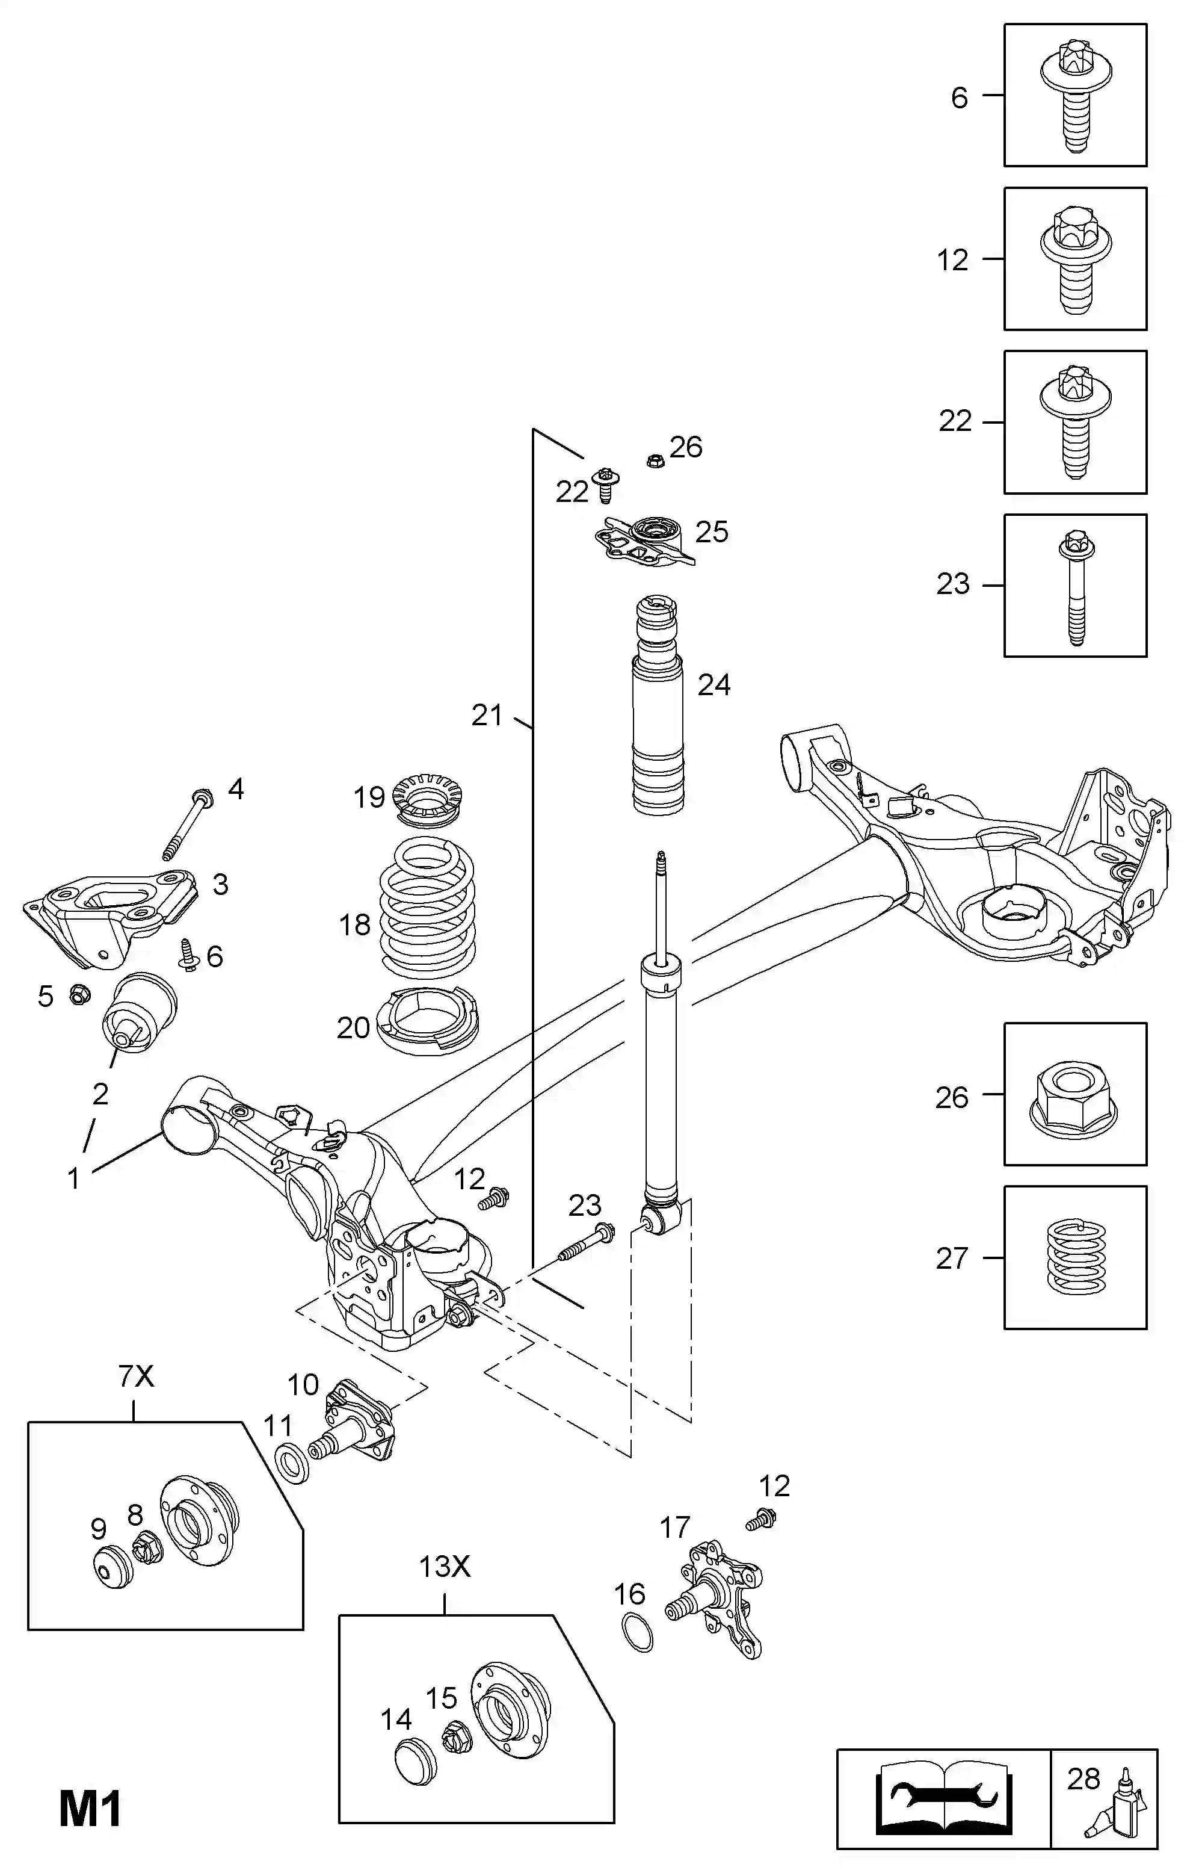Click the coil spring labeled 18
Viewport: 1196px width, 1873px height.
(x=427, y=908)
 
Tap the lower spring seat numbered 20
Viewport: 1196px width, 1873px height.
(x=427, y=1020)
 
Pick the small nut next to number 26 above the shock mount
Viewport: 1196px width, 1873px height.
(x=655, y=460)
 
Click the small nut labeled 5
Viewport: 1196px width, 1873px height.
(x=79, y=994)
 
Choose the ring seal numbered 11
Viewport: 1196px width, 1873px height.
(x=293, y=1461)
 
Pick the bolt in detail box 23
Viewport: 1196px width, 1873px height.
(x=1076, y=587)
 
